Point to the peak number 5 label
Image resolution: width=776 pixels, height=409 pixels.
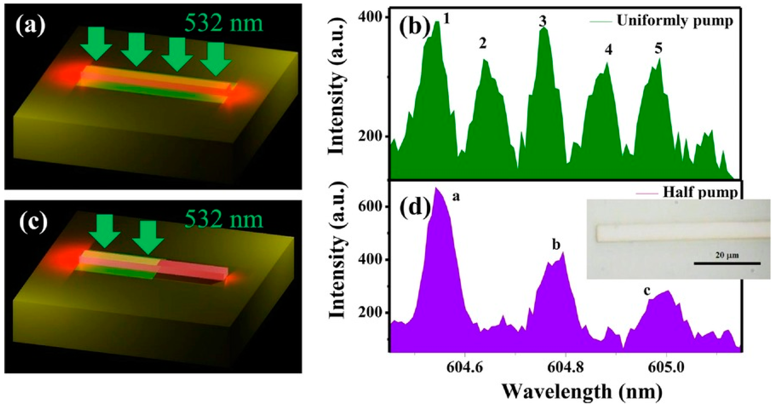pyautogui.click(x=659, y=48)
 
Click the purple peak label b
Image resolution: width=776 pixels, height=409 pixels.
pyautogui.click(x=556, y=245)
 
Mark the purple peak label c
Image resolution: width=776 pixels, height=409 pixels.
pyautogui.click(x=646, y=292)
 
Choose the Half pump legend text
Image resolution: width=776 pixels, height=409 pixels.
pyautogui.click(x=700, y=192)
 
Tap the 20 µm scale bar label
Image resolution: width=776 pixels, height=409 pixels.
pyautogui.click(x=727, y=255)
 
